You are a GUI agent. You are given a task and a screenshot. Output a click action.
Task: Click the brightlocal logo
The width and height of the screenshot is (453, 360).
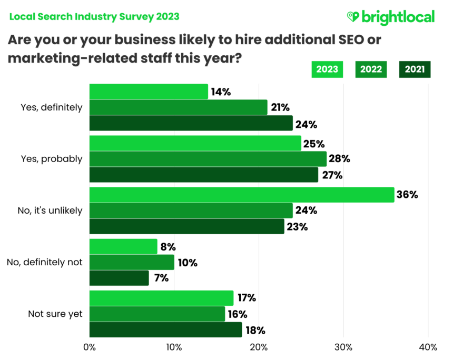tap(391, 17)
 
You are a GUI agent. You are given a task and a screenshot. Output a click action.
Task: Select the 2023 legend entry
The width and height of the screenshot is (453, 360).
tap(327, 69)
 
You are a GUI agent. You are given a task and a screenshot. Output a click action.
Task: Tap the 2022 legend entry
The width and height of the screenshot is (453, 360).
tap(371, 69)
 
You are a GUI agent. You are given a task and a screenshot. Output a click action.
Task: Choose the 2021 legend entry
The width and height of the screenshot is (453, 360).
tap(415, 69)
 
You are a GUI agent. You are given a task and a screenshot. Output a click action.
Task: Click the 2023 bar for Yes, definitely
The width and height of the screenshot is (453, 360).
tap(149, 92)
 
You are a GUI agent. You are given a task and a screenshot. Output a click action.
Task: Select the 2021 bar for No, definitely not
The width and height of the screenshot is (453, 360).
tap(119, 278)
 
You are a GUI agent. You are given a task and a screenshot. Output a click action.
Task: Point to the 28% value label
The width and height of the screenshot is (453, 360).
tap(339, 159)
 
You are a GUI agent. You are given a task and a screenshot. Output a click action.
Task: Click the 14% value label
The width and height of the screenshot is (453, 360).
tap(221, 92)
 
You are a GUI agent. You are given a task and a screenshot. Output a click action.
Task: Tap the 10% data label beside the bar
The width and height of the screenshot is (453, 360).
tap(187, 262)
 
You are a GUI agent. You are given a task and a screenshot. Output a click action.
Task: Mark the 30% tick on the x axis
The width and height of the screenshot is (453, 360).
tap(343, 347)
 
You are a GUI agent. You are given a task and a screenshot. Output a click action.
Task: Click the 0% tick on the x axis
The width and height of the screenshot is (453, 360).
tap(90, 347)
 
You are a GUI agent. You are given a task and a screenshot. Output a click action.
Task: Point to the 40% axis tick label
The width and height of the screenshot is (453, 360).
tap(428, 347)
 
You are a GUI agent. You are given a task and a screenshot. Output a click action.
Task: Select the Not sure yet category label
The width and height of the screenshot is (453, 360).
tap(55, 314)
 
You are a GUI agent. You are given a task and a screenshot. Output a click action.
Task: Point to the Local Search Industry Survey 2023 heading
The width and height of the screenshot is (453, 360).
tap(94, 16)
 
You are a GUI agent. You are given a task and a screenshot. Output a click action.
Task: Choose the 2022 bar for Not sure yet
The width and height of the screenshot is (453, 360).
tap(157, 314)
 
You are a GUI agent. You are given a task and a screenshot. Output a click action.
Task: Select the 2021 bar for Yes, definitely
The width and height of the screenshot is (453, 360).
tap(191, 123)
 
